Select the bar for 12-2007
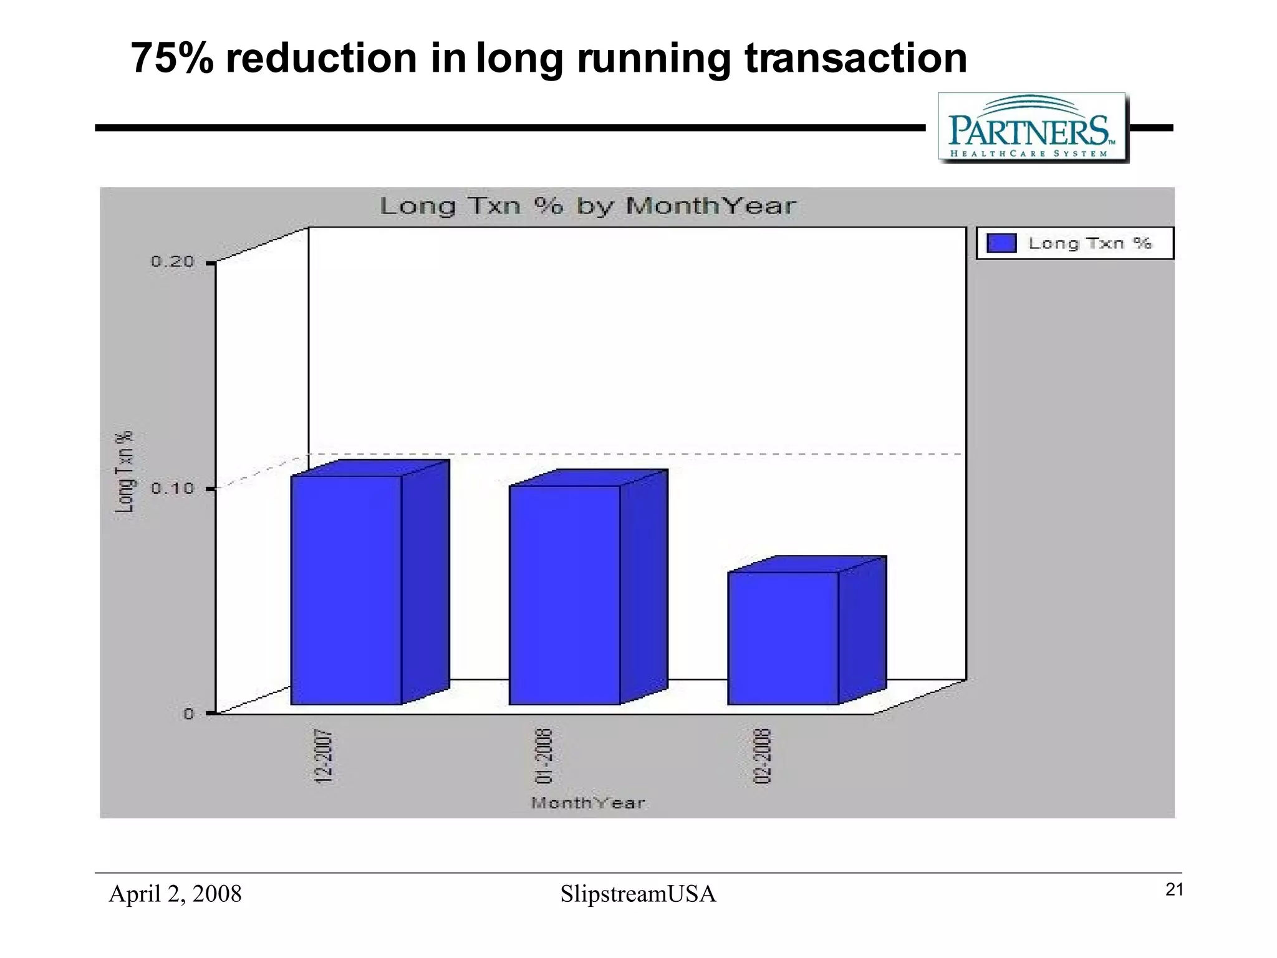(346, 589)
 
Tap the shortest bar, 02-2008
(783, 637)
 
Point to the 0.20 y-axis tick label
(173, 262)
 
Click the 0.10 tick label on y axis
(173, 488)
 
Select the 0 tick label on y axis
(188, 714)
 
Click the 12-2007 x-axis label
(324, 756)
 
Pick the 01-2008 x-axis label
(544, 756)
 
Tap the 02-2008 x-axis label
(763, 756)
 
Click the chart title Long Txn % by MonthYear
(587, 206)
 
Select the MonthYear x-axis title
(587, 803)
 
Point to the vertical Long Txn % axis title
(125, 472)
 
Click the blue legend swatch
(1001, 243)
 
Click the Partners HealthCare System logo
(1033, 128)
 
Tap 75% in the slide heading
(171, 58)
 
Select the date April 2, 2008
(175, 894)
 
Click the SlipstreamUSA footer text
(638, 894)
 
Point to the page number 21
(1174, 890)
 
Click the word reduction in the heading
(320, 58)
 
